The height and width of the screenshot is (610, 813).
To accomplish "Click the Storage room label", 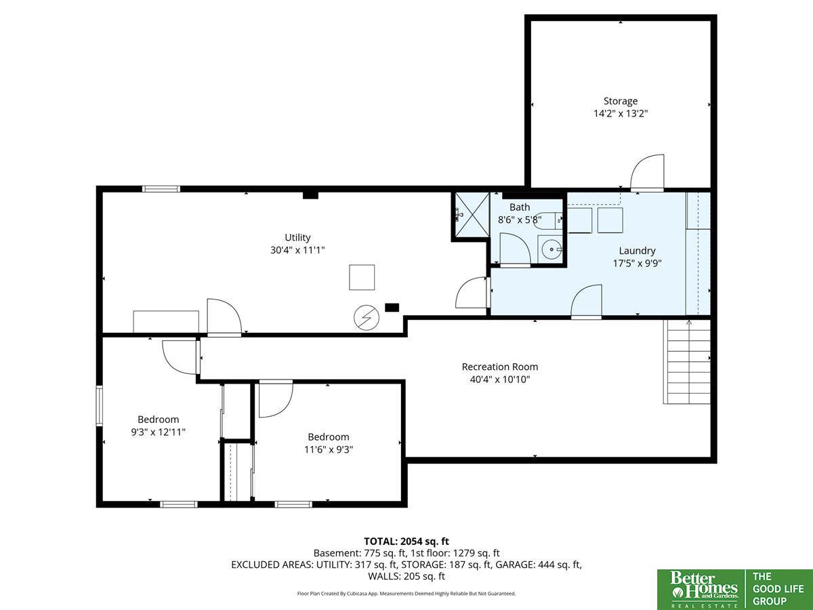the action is coord(621,101).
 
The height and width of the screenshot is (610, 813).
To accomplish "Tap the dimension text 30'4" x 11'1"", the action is coord(297,250).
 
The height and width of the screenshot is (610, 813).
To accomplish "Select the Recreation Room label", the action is coord(499,367).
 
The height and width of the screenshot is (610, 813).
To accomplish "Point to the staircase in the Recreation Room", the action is coord(687,361).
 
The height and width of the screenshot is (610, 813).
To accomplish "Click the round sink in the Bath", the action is coord(551,249).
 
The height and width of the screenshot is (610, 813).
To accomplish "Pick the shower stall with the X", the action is coord(472,215).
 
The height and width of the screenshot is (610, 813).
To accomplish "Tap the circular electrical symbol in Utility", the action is coord(367,317).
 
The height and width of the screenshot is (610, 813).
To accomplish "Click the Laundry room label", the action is coord(637,251).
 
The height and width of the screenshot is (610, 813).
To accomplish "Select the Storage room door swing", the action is coord(647,172).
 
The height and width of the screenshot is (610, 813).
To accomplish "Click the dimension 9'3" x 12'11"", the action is coord(158,432).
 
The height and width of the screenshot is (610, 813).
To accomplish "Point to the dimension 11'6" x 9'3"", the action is coord(329,449).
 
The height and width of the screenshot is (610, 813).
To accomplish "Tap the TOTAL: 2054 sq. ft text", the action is coord(406,541).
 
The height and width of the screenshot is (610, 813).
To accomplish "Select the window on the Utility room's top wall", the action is coord(161,189).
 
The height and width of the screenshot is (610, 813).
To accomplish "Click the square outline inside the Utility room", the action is coord(362,277).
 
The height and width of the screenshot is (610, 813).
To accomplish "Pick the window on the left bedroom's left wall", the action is coord(100,405).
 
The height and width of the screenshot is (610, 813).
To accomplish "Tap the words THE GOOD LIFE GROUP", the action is coord(778,589).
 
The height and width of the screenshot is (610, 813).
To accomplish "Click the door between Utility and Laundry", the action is coord(471,293).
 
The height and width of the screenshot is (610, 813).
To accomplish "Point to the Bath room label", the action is coord(520,207).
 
